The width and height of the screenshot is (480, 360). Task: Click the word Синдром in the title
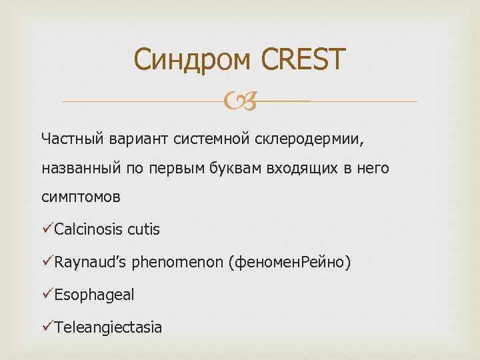click(192, 60)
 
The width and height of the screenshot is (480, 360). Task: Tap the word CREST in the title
click(304, 60)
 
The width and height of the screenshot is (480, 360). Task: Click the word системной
click(210, 138)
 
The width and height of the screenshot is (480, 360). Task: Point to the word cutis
click(143, 230)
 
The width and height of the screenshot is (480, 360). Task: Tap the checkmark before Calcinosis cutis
click(47, 230)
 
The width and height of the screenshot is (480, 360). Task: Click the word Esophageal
click(94, 295)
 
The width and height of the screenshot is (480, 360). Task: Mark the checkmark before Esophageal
click(47, 294)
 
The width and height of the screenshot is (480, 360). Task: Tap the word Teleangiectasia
click(108, 327)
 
